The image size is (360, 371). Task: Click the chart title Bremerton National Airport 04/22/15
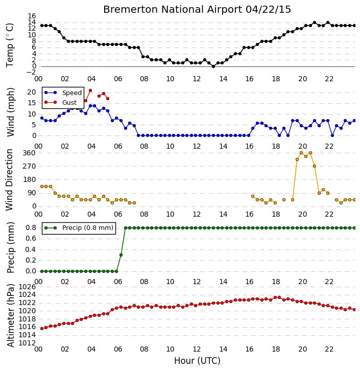pyautogui.click(x=197, y=10)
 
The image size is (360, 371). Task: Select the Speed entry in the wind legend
pyautogui.click(x=63, y=93)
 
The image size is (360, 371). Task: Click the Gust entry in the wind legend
pyautogui.click(x=61, y=102)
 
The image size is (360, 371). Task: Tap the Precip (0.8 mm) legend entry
pyautogui.click(x=79, y=228)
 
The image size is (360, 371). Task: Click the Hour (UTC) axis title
pyautogui.click(x=197, y=361)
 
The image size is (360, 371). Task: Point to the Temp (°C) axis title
pyautogui.click(x=10, y=45)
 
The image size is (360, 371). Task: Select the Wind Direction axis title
pyautogui.click(x=9, y=180)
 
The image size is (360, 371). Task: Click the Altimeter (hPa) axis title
pyautogui.click(x=10, y=316)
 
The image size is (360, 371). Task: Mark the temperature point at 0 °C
pyautogui.click(x=213, y=66)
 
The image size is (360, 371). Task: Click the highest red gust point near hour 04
pyautogui.click(x=90, y=90)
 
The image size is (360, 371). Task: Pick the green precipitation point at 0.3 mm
pyautogui.click(x=121, y=255)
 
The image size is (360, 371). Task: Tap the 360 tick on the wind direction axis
pyautogui.click(x=29, y=153)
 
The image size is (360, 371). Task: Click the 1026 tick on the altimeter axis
pyautogui.click(x=27, y=287)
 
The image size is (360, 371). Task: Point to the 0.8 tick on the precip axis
pyautogui.click(x=31, y=228)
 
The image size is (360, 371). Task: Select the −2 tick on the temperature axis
pyautogui.click(x=31, y=72)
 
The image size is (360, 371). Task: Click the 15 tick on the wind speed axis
pyautogui.click(x=32, y=103)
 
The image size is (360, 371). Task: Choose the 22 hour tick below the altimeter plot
pyautogui.click(x=329, y=349)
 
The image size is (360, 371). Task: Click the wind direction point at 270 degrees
pyautogui.click(x=315, y=166)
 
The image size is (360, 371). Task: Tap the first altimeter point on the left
pyautogui.click(x=42, y=329)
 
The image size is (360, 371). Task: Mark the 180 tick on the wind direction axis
pyautogui.click(x=29, y=179)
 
